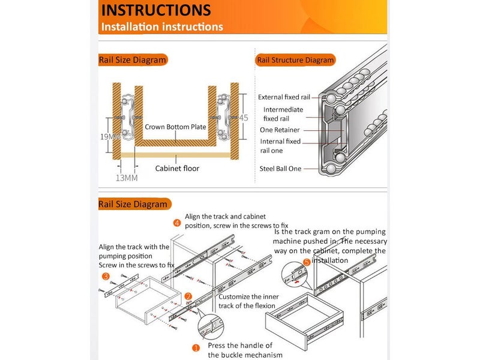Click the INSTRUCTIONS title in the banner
(x=155, y=10)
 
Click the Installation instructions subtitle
(x=162, y=27)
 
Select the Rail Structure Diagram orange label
(x=295, y=60)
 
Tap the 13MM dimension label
(x=127, y=178)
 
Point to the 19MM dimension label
(x=110, y=137)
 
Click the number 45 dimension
(x=243, y=118)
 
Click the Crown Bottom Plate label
(x=175, y=127)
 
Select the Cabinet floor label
(x=177, y=169)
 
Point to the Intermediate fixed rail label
(x=283, y=114)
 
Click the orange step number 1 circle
(x=196, y=347)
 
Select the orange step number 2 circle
(x=188, y=296)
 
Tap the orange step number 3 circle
(x=106, y=277)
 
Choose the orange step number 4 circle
(x=177, y=223)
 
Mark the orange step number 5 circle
(x=307, y=262)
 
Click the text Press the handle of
(x=240, y=346)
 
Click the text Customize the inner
(x=248, y=296)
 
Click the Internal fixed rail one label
(x=280, y=146)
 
